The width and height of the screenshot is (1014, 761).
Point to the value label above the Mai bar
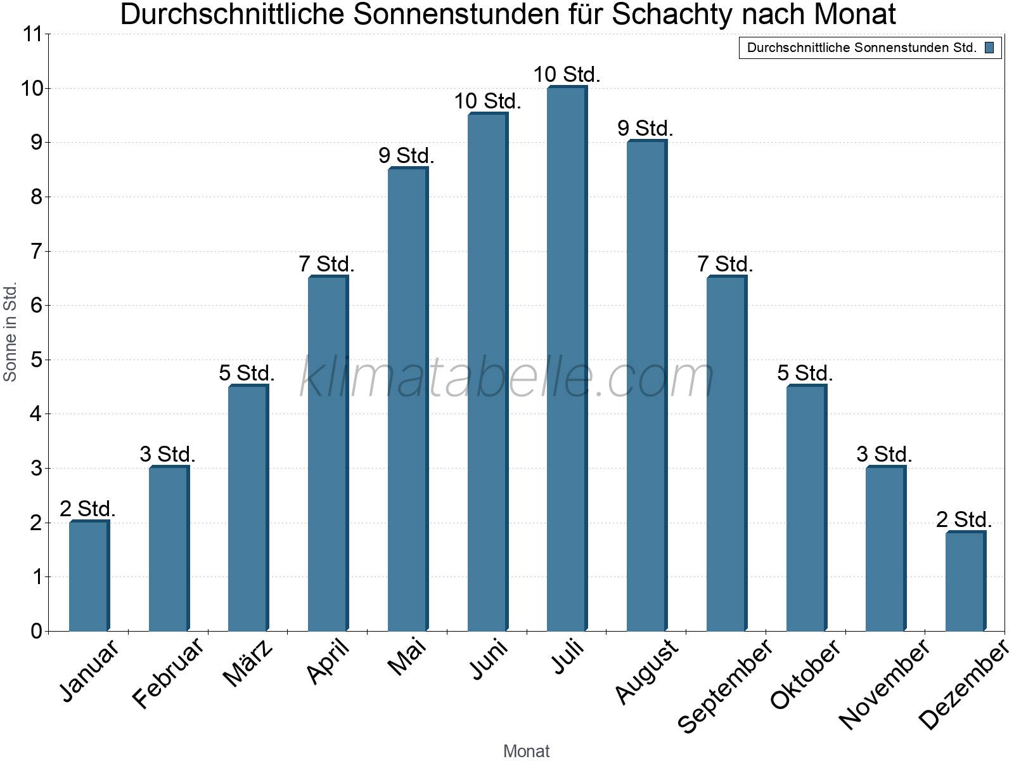406,155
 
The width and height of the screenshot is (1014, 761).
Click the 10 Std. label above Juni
487,101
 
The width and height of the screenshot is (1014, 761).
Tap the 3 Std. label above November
884,454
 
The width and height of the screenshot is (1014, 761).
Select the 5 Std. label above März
247,373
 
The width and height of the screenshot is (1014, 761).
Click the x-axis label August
646,671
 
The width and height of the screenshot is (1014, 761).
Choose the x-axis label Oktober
805,673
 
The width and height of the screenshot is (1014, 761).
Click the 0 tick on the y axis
36,631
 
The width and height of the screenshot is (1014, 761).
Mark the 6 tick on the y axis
36,306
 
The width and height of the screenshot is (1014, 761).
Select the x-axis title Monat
526,751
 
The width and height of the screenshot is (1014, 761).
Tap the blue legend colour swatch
989,48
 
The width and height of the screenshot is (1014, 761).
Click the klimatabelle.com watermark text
507,378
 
